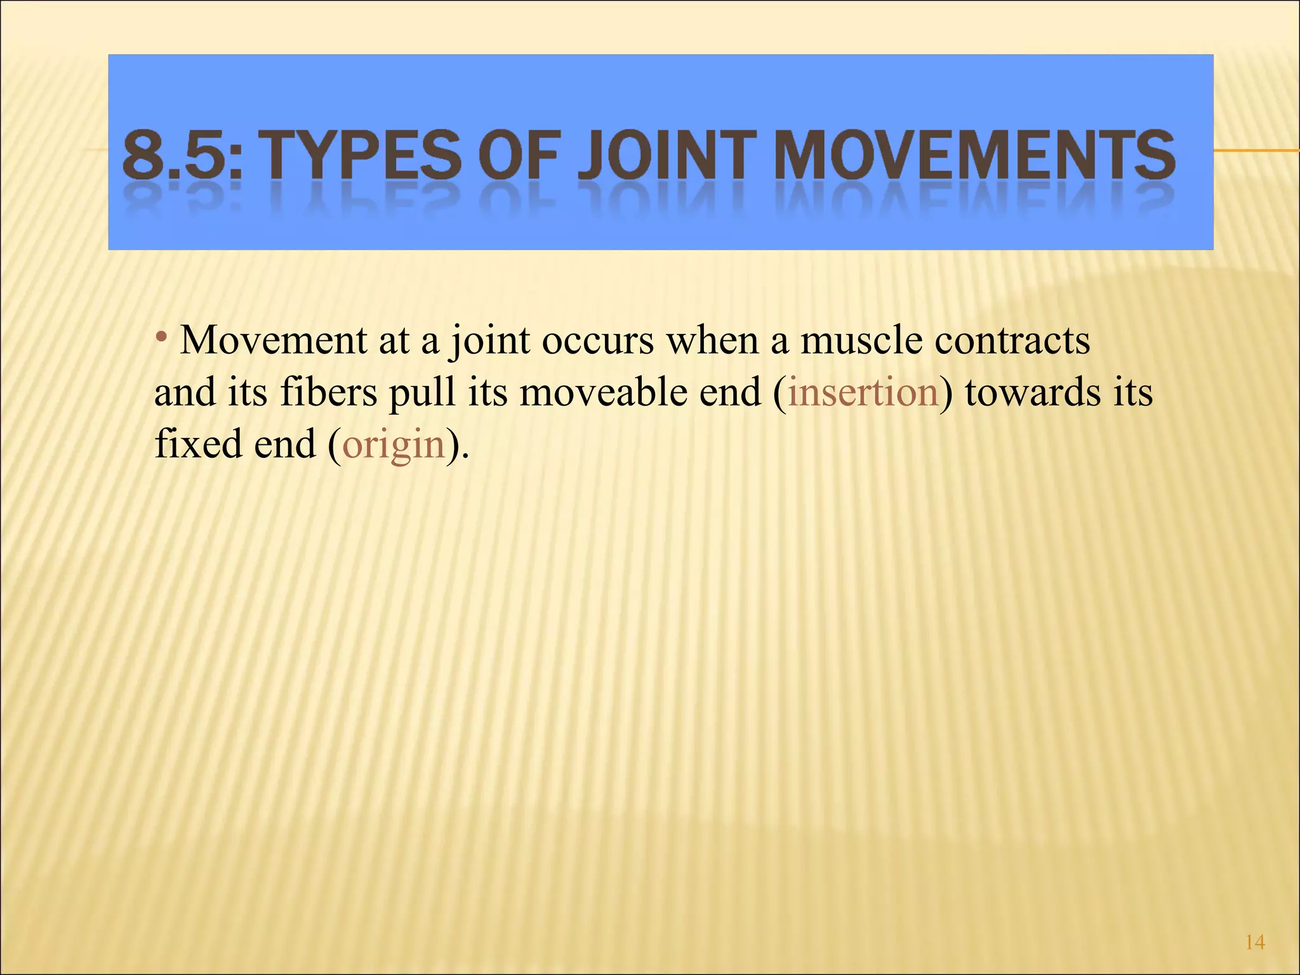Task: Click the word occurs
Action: (x=597, y=341)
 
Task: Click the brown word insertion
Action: (x=863, y=392)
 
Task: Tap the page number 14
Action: (x=1255, y=943)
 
